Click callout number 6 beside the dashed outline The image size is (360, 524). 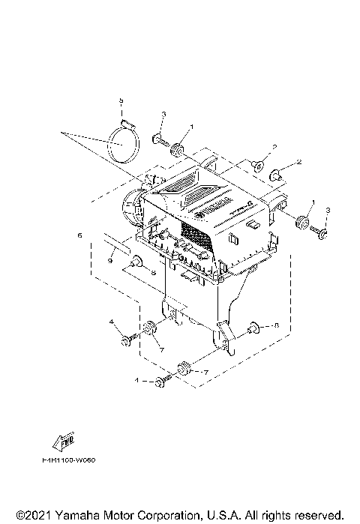click(x=79, y=235)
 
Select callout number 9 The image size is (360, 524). click(x=109, y=261)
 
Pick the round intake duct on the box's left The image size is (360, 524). click(x=132, y=209)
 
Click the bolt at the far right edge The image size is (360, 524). click(x=322, y=233)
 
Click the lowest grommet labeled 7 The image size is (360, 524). click(x=182, y=368)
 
